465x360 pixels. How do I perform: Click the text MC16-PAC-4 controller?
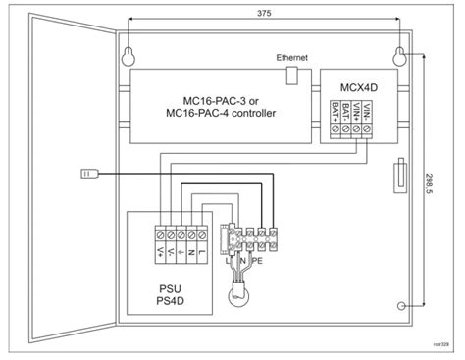(221, 114)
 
